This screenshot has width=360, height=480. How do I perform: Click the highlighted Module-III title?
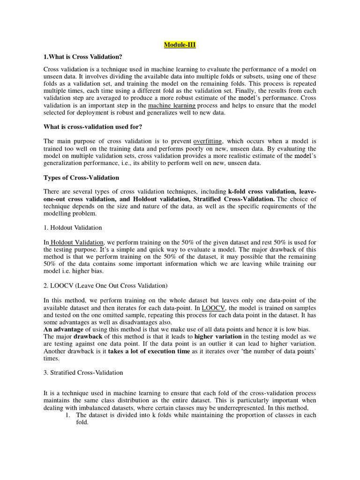pyautogui.click(x=180, y=45)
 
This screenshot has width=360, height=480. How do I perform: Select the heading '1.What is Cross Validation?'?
pyautogui.click(x=82, y=57)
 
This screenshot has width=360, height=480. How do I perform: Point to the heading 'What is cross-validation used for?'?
pyautogui.click(x=95, y=127)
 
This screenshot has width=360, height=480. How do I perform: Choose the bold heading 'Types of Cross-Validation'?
pyautogui.click(x=81, y=178)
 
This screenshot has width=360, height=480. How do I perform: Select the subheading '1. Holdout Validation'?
pyautogui.click(x=73, y=228)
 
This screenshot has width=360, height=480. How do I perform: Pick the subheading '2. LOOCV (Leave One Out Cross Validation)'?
pyautogui.click(x=105, y=285)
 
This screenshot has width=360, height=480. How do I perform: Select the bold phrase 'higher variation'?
pyautogui.click(x=218, y=336)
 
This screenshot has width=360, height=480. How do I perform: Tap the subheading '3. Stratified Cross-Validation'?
pyautogui.click(x=83, y=373)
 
